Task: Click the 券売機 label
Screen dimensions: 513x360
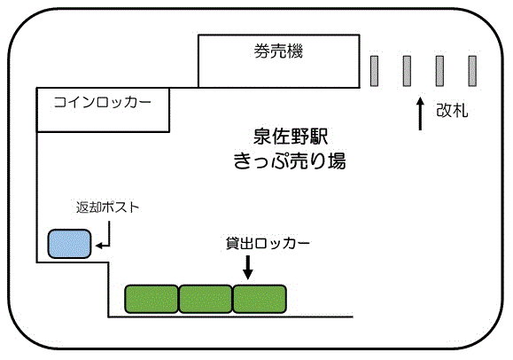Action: tap(278, 51)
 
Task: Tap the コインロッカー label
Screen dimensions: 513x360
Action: tap(103, 102)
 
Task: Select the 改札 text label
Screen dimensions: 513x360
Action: tap(452, 110)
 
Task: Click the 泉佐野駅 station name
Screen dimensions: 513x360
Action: tap(291, 137)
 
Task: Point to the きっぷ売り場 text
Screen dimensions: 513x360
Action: tap(290, 160)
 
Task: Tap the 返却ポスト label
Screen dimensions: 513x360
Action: tap(107, 207)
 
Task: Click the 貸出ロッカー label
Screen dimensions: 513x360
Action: tap(268, 243)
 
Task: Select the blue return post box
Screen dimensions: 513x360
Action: tap(69, 244)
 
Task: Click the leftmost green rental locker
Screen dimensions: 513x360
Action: tap(152, 299)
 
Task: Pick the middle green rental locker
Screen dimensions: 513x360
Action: tap(206, 299)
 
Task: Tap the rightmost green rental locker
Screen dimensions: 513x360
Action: tap(260, 299)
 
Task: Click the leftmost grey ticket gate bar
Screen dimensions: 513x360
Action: tap(374, 71)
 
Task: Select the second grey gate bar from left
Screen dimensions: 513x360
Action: tap(407, 71)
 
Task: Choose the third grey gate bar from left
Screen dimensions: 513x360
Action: tap(439, 71)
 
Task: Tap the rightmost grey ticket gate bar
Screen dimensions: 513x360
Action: tap(472, 71)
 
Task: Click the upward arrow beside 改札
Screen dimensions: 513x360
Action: tap(420, 113)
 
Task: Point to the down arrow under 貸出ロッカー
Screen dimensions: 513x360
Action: tap(248, 268)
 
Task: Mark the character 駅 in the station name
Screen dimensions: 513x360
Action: tap(319, 137)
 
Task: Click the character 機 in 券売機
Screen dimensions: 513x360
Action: tap(295, 51)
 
